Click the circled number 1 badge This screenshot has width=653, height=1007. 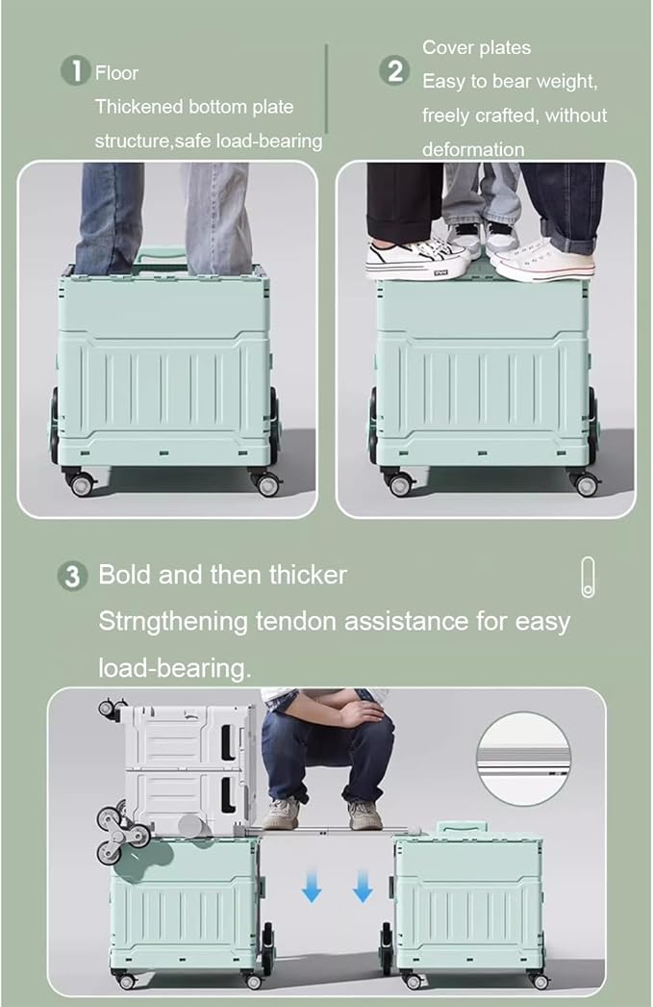(74, 71)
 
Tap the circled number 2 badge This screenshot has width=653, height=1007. (393, 70)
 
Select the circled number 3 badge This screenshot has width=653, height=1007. (72, 577)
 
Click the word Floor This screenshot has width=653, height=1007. (116, 73)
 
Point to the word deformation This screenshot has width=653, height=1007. (473, 149)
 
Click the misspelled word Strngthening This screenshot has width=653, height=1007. (173, 621)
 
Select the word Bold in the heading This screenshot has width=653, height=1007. (124, 576)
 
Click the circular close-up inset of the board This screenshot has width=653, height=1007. (524, 758)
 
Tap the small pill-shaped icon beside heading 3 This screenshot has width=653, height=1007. (588, 577)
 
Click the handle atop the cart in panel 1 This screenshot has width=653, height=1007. (160, 255)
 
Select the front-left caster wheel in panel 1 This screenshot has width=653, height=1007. (80, 483)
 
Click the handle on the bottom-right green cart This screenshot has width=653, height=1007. (463, 828)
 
